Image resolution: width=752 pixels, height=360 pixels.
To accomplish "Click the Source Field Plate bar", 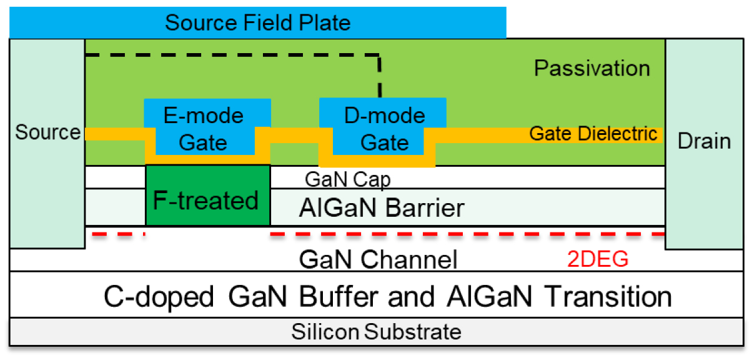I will [x=257, y=23].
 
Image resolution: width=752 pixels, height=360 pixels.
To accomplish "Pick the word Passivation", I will [x=591, y=68].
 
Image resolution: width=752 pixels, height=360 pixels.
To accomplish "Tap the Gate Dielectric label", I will [x=593, y=134].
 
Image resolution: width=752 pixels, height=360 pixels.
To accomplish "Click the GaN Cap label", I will [x=347, y=180].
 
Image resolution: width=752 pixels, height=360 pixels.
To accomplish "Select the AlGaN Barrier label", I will [x=382, y=207].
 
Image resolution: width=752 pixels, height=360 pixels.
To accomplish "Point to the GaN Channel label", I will [x=378, y=259].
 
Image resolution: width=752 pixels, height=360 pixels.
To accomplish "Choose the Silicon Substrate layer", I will [x=376, y=331].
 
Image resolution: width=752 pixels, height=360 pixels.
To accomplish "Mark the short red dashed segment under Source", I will [x=118, y=235].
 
